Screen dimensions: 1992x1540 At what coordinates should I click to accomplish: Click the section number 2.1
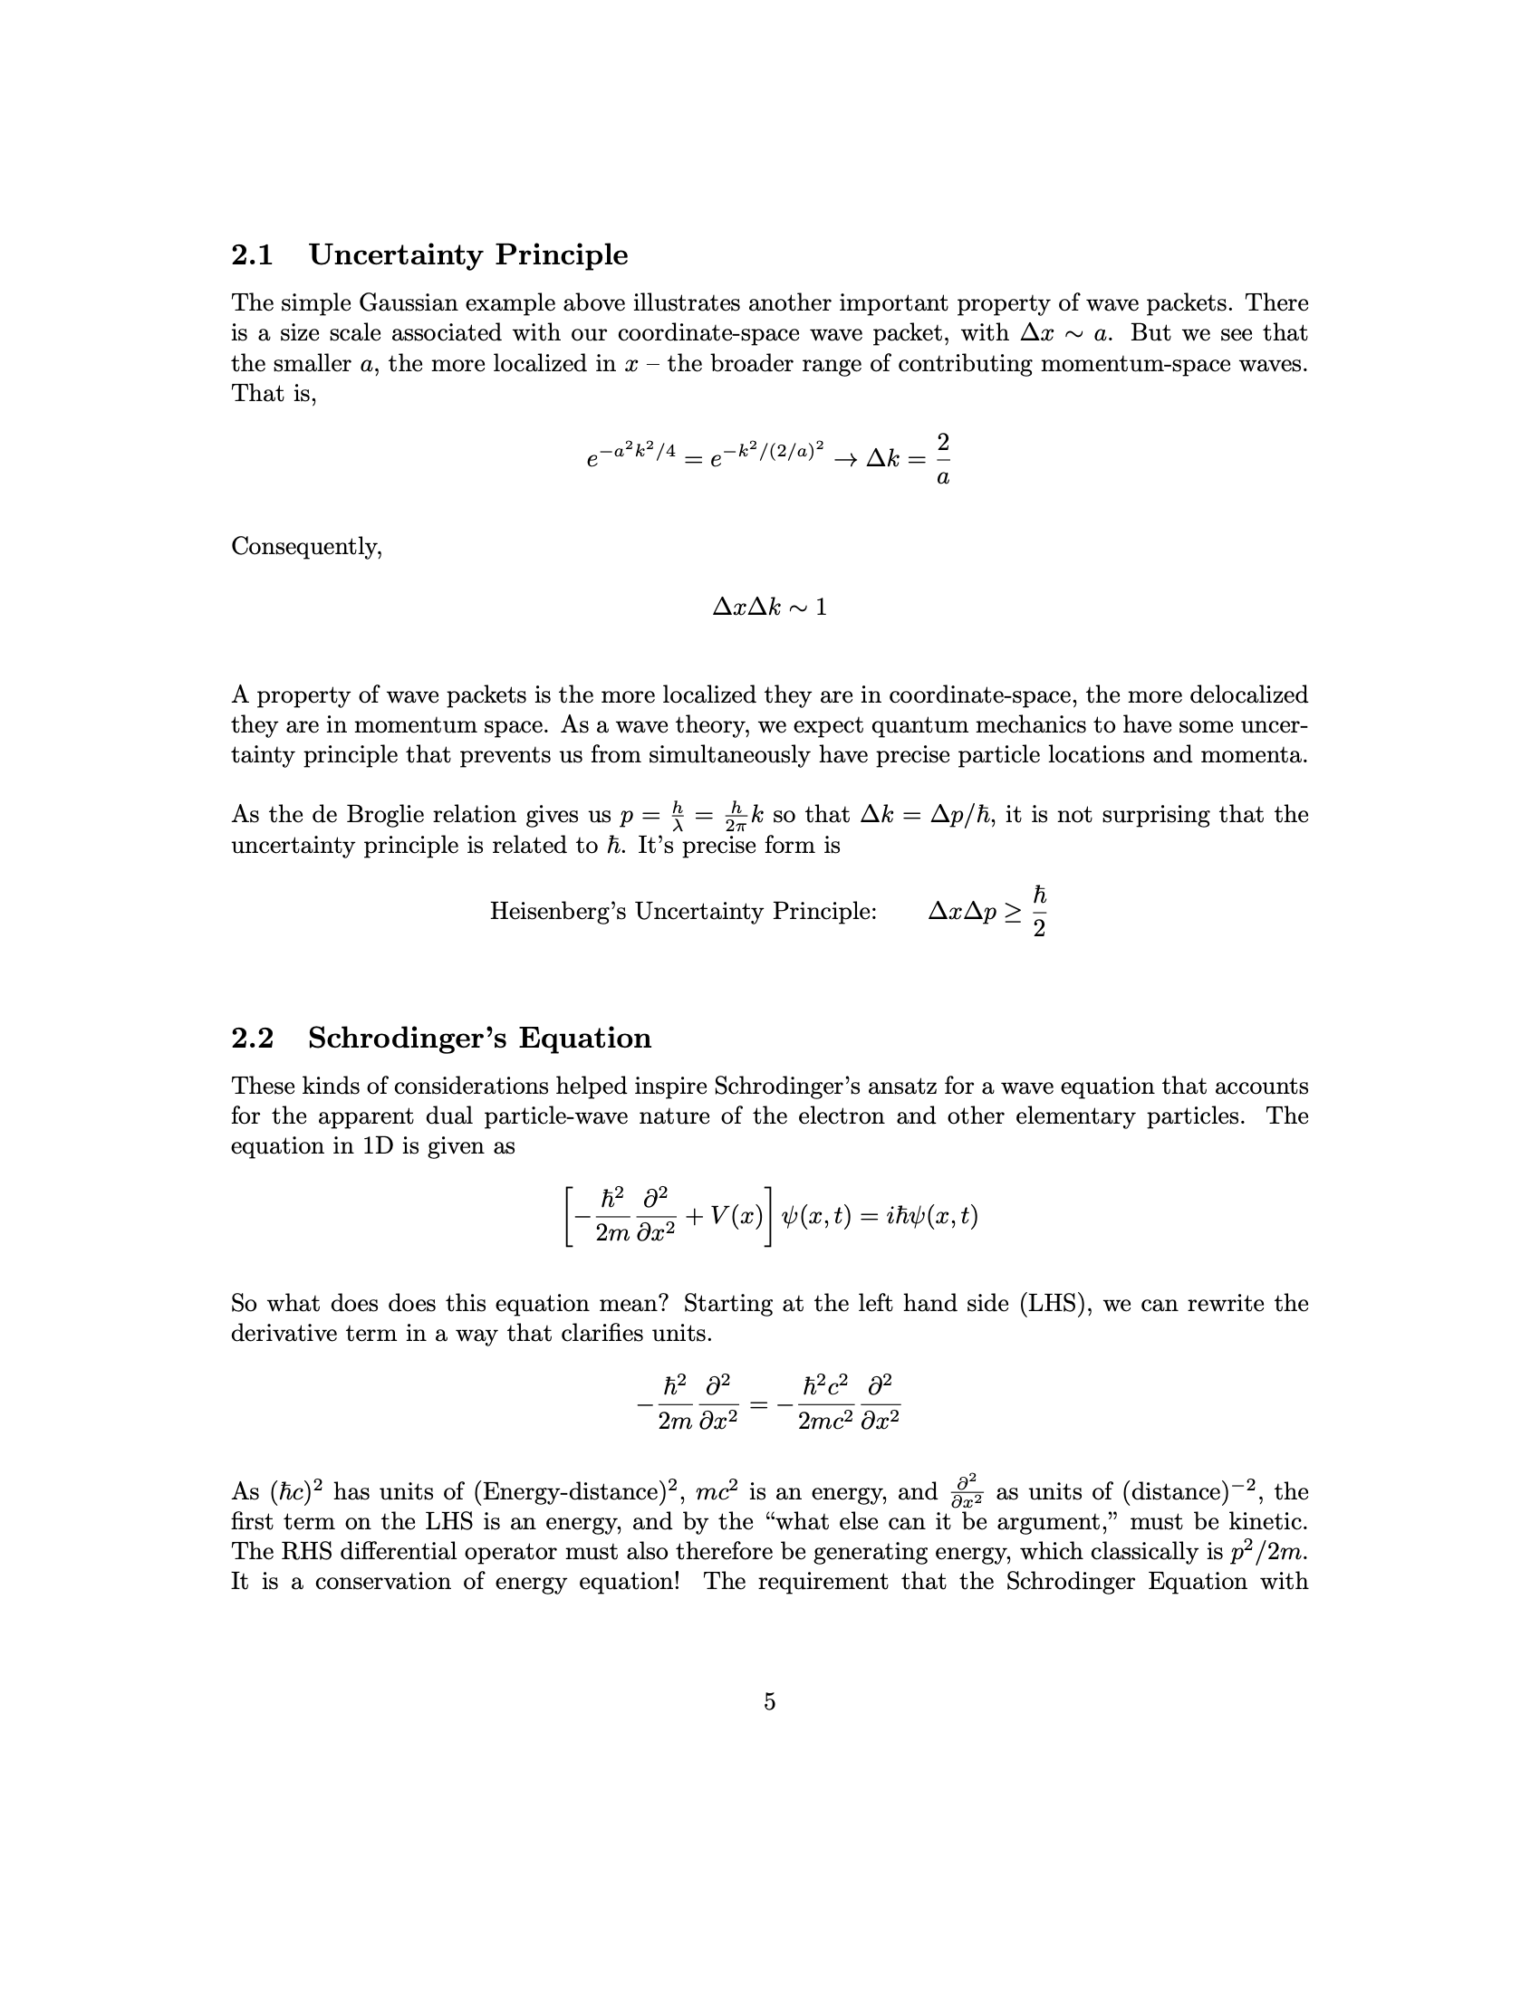pyautogui.click(x=253, y=255)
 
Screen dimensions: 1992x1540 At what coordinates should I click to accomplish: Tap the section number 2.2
pyautogui.click(x=253, y=1038)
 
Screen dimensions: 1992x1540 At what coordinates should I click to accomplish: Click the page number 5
pyautogui.click(x=770, y=1702)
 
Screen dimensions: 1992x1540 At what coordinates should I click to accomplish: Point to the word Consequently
pyautogui.click(x=305, y=546)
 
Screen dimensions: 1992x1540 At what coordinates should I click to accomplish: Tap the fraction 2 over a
pyautogui.click(x=943, y=459)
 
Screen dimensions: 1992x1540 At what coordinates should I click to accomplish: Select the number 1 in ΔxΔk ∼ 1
pyautogui.click(x=821, y=608)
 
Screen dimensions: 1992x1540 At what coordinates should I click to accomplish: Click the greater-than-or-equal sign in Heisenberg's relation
pyautogui.click(x=1013, y=911)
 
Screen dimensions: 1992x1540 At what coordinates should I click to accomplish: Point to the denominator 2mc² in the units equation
pyautogui.click(x=826, y=1421)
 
